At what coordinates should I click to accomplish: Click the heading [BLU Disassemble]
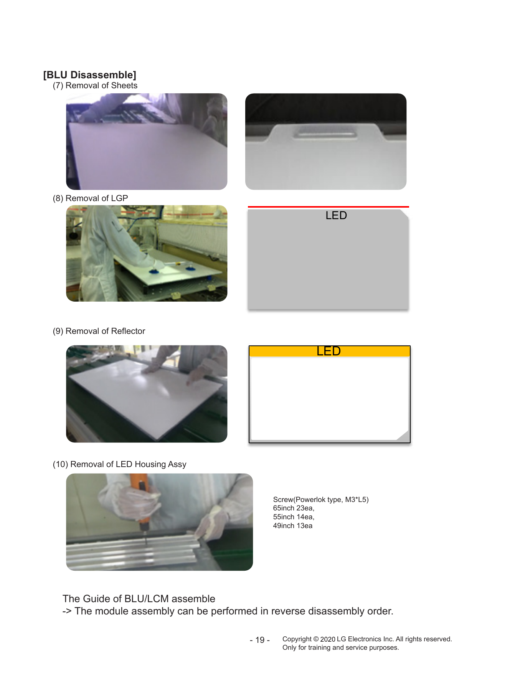coord(90,75)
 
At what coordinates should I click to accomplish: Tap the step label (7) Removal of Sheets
coord(95,86)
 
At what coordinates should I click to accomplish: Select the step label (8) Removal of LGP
coord(91,198)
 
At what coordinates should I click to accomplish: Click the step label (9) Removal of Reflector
coord(99,331)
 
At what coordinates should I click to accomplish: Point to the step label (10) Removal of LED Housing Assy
coord(120,464)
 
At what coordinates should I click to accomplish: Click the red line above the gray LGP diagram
coord(329,207)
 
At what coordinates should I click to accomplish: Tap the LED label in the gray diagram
coord(336,215)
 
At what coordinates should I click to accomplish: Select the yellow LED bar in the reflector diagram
coord(330,351)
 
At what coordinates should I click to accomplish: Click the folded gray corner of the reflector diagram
coord(403,435)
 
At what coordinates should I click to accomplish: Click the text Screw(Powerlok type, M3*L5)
coord(321,500)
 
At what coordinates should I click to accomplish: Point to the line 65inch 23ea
coord(294,508)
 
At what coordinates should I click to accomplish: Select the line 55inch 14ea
coord(294,517)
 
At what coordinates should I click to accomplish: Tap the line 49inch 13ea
coord(293,526)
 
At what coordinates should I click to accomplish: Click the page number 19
coord(260,640)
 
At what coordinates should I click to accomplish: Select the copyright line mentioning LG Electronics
coord(367,639)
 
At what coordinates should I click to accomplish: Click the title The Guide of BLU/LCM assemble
coord(139,599)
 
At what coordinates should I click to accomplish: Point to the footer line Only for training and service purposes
coord(341,648)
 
